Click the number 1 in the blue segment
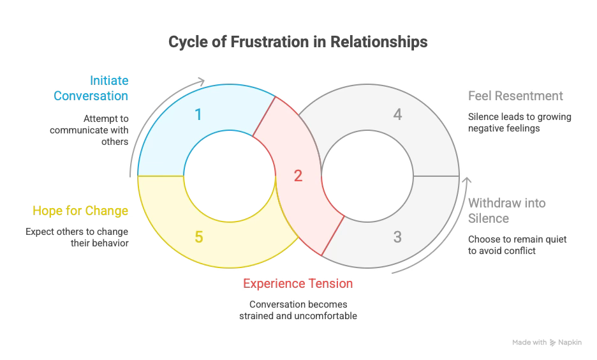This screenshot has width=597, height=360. click(198, 114)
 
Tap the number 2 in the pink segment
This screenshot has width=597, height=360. click(298, 176)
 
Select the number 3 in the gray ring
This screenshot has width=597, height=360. click(397, 237)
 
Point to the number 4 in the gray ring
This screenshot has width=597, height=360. click(397, 115)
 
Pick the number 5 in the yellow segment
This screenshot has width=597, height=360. click(198, 237)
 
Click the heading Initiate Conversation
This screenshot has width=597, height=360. click(91, 89)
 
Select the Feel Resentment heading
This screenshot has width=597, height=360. click(515, 96)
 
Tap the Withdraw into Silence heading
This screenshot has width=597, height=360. click(506, 211)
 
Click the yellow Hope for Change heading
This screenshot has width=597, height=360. click(80, 211)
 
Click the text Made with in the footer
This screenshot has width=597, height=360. click(529, 343)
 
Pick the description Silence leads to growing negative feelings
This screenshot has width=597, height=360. click(520, 123)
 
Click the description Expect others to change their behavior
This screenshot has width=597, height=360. click(77, 237)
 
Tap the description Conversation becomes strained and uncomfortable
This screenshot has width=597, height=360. click(298, 310)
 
